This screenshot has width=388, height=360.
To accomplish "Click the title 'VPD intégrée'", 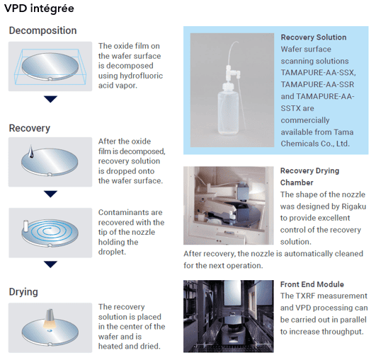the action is (x=39, y=8).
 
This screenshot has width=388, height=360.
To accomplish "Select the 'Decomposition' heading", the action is (x=42, y=30).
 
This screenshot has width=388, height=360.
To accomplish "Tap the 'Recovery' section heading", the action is (x=30, y=128).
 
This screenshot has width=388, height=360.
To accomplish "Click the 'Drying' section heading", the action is (x=23, y=292).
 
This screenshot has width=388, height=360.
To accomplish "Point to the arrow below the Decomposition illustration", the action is (x=50, y=99).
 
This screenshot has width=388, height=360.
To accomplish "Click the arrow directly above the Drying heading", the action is (x=50, y=265).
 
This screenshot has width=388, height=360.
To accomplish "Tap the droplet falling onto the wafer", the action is (x=30, y=151).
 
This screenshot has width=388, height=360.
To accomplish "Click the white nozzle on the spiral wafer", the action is (x=25, y=226).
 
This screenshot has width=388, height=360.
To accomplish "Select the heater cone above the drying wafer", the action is (x=50, y=318).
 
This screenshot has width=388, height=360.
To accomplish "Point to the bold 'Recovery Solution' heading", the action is (x=314, y=37).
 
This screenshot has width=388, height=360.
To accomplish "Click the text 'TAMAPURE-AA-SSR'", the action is (x=317, y=85).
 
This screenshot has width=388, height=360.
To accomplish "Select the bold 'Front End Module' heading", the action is (x=312, y=284).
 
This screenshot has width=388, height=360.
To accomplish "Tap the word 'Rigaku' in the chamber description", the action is (x=354, y=207).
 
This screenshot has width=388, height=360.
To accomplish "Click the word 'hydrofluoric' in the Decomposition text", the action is (x=141, y=76).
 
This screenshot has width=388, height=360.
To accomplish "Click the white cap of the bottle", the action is (x=228, y=86).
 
